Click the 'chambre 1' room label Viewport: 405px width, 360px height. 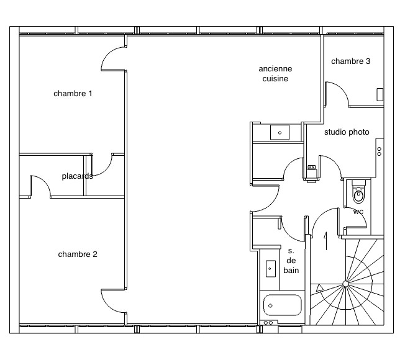pyautogui.click(x=73, y=94)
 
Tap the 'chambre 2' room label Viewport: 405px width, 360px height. pyautogui.click(x=78, y=254)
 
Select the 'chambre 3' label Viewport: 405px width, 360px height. pyautogui.click(x=350, y=61)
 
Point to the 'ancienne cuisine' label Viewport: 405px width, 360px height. pyautogui.click(x=275, y=73)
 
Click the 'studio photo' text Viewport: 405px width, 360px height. pyautogui.click(x=347, y=132)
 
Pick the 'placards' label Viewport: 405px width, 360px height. pyautogui.click(x=77, y=176)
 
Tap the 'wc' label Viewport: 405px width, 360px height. pyautogui.click(x=358, y=212)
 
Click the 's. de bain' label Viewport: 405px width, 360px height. pyautogui.click(x=291, y=261)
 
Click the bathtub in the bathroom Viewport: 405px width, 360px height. pyautogui.click(x=282, y=305)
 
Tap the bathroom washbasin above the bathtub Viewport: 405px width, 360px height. pyautogui.click(x=270, y=269)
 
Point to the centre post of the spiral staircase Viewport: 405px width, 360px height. pyautogui.click(x=345, y=284)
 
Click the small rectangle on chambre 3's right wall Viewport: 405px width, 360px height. pyautogui.click(x=380, y=94)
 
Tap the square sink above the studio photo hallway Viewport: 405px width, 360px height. pyautogui.click(x=280, y=132)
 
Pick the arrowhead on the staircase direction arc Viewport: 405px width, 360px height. pyautogui.click(x=320, y=288)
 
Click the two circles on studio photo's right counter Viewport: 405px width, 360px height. pyautogui.click(x=379, y=151)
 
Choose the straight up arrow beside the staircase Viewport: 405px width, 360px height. pyautogui.click(x=326, y=241)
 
